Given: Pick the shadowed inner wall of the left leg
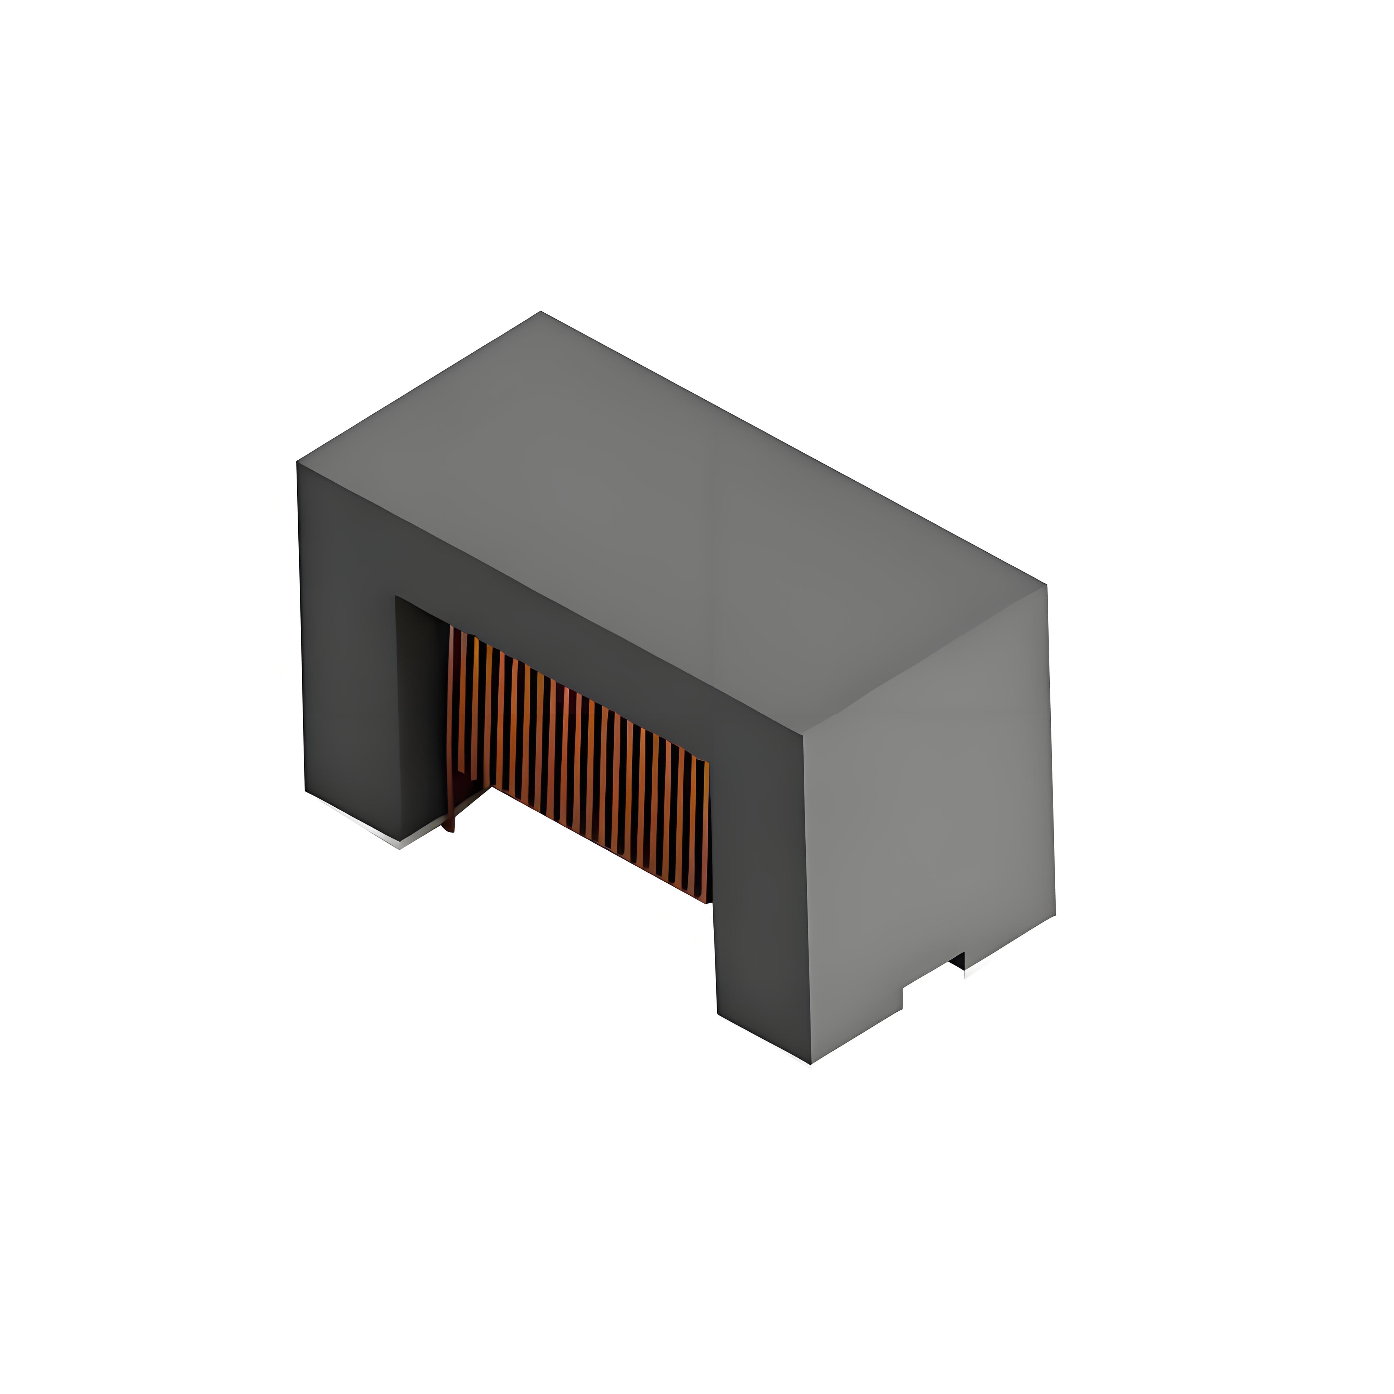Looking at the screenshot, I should tap(419, 707).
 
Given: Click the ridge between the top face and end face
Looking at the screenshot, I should tap(924, 660).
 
